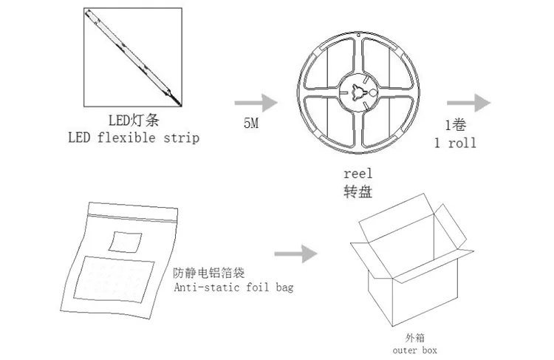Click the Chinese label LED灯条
(x=134, y=120)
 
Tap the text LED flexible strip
(x=134, y=137)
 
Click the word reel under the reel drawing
(x=358, y=174)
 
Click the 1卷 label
(x=457, y=123)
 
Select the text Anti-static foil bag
(x=233, y=287)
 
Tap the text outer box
(x=417, y=344)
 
